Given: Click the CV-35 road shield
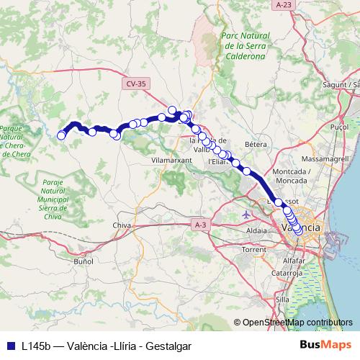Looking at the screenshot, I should [x=135, y=84].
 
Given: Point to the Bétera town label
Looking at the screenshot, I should [x=256, y=145].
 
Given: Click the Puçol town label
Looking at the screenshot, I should [x=338, y=125].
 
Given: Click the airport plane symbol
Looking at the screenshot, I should [x=248, y=215].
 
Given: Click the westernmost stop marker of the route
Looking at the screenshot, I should [x=62, y=135].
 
